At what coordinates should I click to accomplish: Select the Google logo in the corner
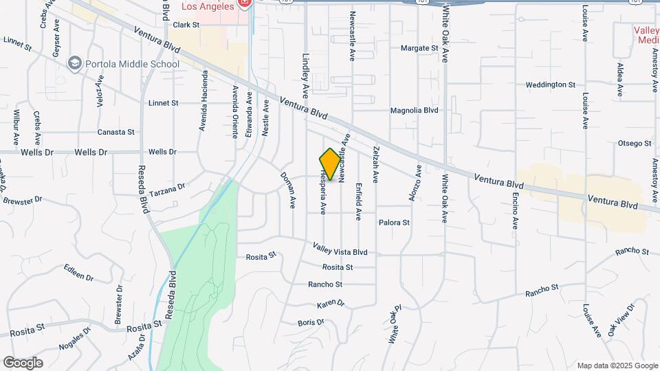click(x=23, y=362)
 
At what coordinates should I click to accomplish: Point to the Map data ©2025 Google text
click(x=617, y=366)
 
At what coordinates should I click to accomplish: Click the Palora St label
click(x=394, y=223)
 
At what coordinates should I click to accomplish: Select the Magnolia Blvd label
click(x=414, y=110)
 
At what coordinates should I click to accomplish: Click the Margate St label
click(x=419, y=48)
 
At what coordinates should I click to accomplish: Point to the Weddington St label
click(x=550, y=85)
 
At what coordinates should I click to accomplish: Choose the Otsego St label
click(x=635, y=143)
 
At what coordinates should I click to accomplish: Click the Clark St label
click(x=186, y=25)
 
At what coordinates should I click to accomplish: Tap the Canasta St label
click(x=115, y=132)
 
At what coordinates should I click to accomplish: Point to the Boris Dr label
click(x=311, y=322)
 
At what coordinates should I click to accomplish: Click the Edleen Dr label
click(x=78, y=272)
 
